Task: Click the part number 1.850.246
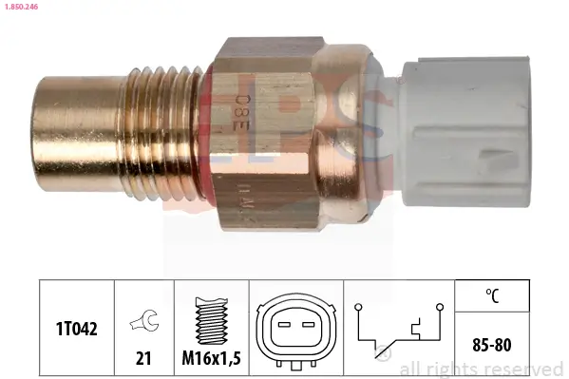21,6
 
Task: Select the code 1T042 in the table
76,328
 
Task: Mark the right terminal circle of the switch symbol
440,306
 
